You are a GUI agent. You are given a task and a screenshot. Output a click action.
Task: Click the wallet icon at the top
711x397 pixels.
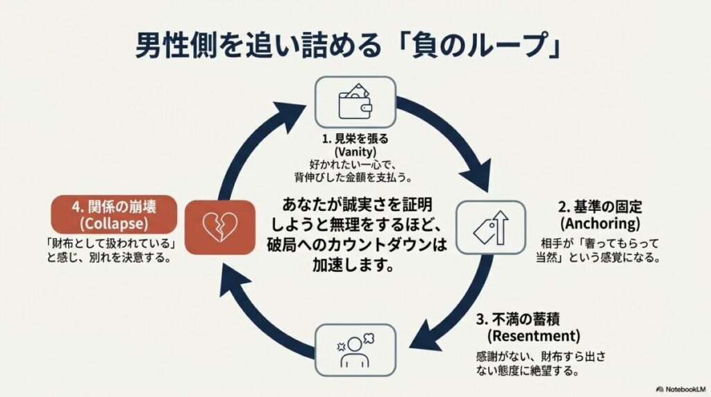click(x=355, y=101)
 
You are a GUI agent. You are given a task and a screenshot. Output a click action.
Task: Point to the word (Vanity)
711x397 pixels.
click(x=355, y=151)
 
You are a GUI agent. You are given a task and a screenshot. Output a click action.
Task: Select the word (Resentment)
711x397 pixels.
click(x=533, y=336)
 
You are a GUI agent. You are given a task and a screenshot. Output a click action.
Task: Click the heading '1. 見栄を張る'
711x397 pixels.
click(x=355, y=139)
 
